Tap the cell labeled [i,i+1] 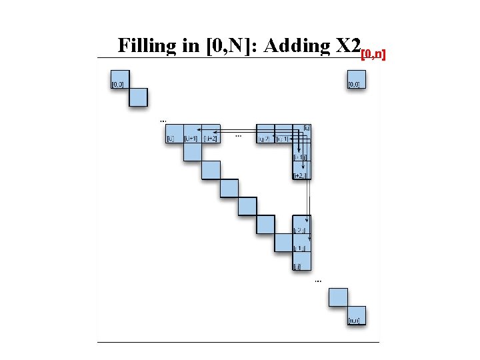pos(192,133)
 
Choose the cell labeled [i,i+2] pos(211,133)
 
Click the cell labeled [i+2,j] pos(302,170)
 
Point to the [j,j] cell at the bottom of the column pos(302,261)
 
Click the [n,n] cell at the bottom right pos(357,315)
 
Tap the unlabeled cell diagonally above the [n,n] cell pos(339,297)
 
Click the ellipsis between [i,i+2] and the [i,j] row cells pos(239,135)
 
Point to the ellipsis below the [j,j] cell pos(317,281)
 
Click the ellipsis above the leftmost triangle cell pos(164,121)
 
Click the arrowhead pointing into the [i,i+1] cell pos(185,129)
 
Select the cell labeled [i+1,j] pos(302,152)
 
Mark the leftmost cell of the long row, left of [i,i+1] pos(174,133)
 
